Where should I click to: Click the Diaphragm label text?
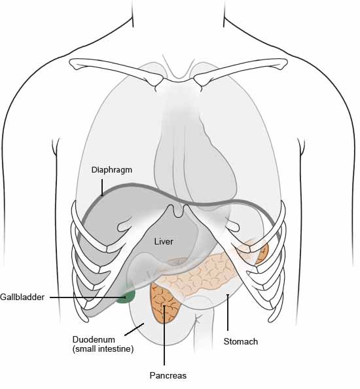click(111, 170)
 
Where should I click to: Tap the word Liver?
click(164, 242)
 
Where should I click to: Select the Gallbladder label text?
click(22, 297)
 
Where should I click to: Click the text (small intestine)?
click(103, 349)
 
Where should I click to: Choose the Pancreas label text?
click(168, 375)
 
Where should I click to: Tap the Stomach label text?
click(241, 341)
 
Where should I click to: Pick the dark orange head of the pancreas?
click(165, 304)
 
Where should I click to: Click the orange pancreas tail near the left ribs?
click(263, 254)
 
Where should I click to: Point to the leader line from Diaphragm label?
click(102, 187)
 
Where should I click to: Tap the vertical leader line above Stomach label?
click(228, 313)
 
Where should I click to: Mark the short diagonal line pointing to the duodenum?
click(134, 330)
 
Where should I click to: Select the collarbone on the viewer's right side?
click(240, 70)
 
